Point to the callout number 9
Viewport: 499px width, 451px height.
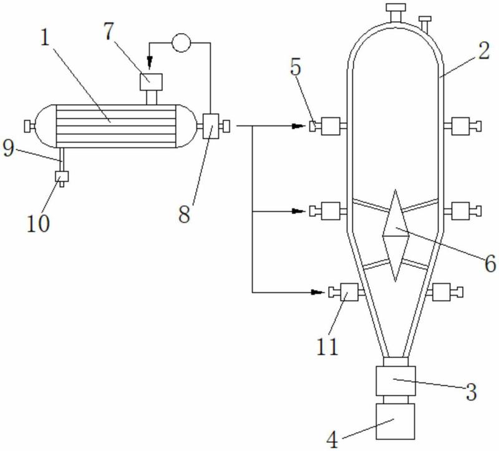pyautogui.click(x=9, y=148)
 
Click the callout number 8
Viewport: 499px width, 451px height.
pyautogui.click(x=184, y=214)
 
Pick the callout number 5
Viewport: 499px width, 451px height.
pyautogui.click(x=296, y=67)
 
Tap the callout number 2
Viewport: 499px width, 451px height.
pyautogui.click(x=483, y=51)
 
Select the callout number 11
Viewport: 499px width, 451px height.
pyautogui.click(x=327, y=346)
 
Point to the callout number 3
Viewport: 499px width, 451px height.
pyautogui.click(x=472, y=392)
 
